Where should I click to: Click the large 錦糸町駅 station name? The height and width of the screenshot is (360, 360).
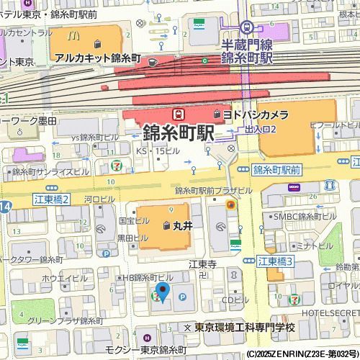(179, 133)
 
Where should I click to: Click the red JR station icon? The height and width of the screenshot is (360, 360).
(176, 114)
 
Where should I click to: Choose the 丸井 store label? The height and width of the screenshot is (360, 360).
(184, 225)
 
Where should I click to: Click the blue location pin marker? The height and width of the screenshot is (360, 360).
(163, 292)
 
